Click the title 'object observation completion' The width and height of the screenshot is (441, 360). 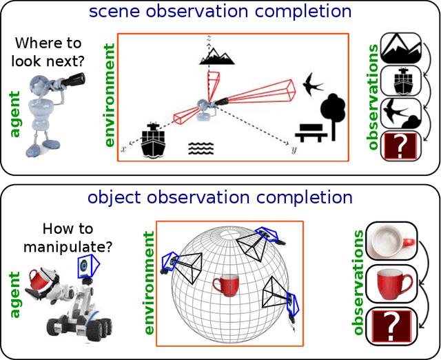pyautogui.click(x=220, y=198)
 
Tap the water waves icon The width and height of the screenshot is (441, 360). pyautogui.click(x=201, y=148)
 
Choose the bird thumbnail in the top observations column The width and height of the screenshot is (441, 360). pyautogui.click(x=400, y=113)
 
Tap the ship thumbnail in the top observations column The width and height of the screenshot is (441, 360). pyautogui.click(x=400, y=80)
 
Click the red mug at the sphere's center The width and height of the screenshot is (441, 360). pyautogui.click(x=226, y=285)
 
